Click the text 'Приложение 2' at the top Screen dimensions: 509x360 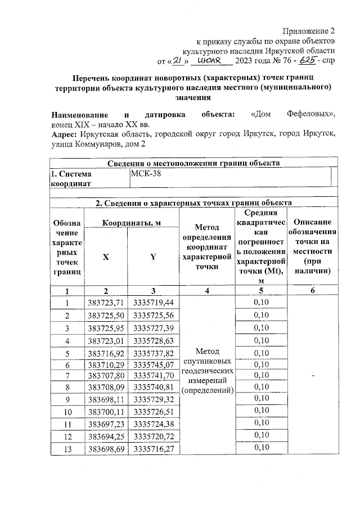point(309,30)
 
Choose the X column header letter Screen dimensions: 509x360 point(105,257)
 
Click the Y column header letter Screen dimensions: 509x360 point(152,257)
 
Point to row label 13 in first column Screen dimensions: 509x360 point(67,448)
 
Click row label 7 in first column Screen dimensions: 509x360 point(67,375)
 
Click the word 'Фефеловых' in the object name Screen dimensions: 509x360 point(310,115)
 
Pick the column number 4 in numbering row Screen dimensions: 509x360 point(206,290)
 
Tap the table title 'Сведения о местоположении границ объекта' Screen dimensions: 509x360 point(193,163)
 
